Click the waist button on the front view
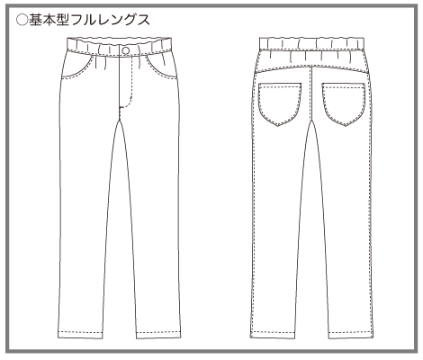pos(126,50)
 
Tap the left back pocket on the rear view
pos(280,103)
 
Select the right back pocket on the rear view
pos(344,103)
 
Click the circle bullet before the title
pos(22,21)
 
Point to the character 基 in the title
pos(36,21)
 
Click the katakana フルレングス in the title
pos(111,21)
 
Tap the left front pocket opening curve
pos(78,67)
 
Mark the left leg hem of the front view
pos(80,334)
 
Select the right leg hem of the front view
pos(158,334)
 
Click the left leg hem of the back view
pos(272,334)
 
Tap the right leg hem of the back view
pos(351,334)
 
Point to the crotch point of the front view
pos(120,120)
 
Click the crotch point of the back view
pos(312,120)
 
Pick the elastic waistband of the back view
pos(311,43)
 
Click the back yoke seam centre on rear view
pos(312,67)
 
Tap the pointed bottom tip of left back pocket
pos(278,125)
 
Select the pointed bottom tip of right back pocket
pos(346,125)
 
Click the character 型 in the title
pos(63,21)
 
